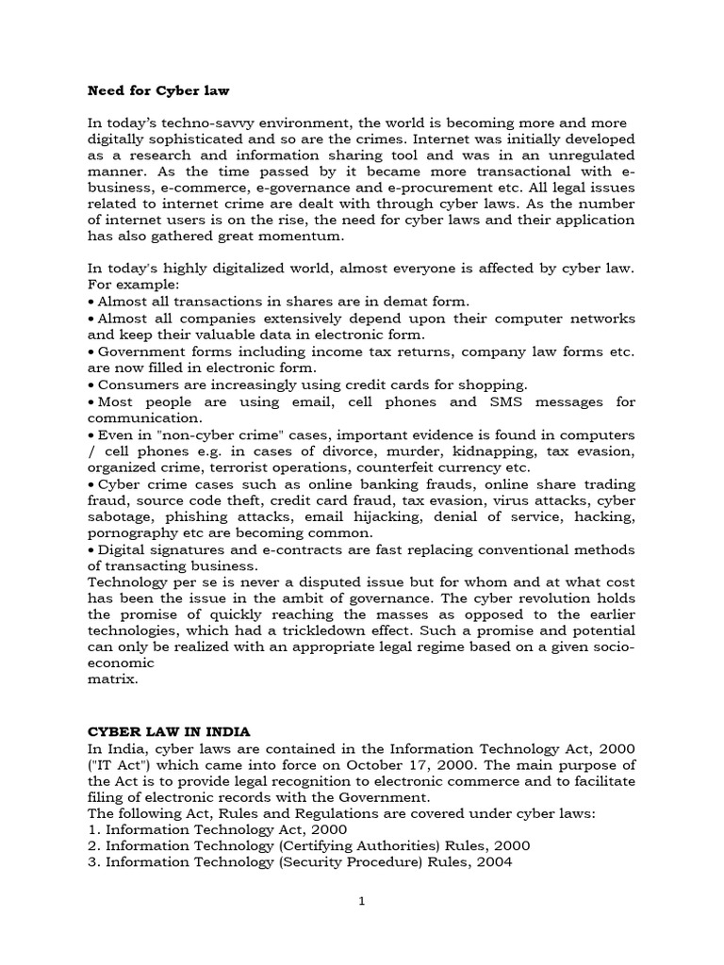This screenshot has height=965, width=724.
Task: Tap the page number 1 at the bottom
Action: (x=361, y=901)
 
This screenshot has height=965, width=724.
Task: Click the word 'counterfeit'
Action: (x=444, y=467)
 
